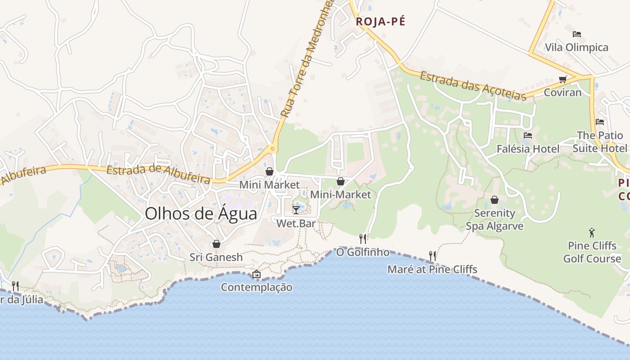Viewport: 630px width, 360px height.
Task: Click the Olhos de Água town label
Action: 201,214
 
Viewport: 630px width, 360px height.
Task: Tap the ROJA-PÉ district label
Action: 380,22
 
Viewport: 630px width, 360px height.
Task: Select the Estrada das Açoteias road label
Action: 472,85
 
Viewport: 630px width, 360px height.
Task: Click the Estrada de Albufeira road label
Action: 158,175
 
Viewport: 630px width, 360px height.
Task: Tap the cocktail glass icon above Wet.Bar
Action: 296,210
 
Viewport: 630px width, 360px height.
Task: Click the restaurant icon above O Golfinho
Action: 363,238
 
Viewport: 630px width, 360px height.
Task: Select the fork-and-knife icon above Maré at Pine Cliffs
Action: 432,256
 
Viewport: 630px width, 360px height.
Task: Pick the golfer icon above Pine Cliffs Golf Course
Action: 592,233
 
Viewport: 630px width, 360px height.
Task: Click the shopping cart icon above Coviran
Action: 562,80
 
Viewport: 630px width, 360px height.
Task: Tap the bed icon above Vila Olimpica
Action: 576,34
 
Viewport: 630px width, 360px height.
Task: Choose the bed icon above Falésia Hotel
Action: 528,135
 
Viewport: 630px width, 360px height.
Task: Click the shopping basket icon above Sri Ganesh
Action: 216,244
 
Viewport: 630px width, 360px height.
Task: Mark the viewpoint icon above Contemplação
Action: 256,274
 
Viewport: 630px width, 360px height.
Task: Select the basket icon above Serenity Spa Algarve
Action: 494,199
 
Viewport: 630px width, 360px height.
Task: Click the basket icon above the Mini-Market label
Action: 341,181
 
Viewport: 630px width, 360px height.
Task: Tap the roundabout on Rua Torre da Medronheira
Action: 273,148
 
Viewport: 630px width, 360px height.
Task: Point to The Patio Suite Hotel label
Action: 599,142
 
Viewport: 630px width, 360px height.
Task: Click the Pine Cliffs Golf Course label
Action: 592,252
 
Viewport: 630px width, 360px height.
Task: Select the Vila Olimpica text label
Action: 576,47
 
